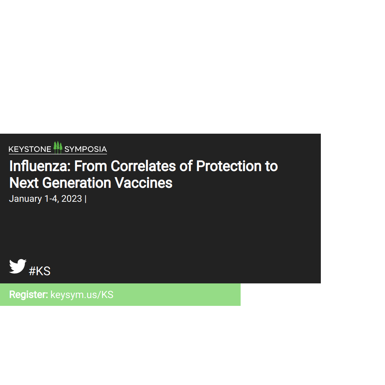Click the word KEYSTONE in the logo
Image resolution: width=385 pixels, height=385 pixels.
[30, 149]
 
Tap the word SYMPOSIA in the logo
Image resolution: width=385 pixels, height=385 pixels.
[86, 149]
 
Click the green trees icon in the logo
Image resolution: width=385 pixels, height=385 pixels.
[58, 147]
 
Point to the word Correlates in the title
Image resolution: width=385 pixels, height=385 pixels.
[143, 166]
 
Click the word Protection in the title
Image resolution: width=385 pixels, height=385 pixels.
[229, 166]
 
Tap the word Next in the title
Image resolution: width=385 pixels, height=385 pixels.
[24, 183]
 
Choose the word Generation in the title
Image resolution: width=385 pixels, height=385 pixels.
[77, 183]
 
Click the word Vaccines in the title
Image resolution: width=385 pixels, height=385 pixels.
[144, 183]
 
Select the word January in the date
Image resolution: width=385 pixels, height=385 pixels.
[25, 199]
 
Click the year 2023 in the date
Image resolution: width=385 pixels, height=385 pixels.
[71, 199]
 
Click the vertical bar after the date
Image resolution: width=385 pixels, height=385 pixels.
[86, 199]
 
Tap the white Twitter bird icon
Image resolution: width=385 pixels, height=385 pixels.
[18, 266]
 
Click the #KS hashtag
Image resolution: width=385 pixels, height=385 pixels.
[40, 271]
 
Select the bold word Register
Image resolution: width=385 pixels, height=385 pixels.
[29, 295]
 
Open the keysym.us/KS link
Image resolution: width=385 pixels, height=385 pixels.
[82, 295]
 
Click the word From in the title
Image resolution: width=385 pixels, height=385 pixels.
[91, 166]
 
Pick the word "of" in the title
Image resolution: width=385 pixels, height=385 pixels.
[186, 166]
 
